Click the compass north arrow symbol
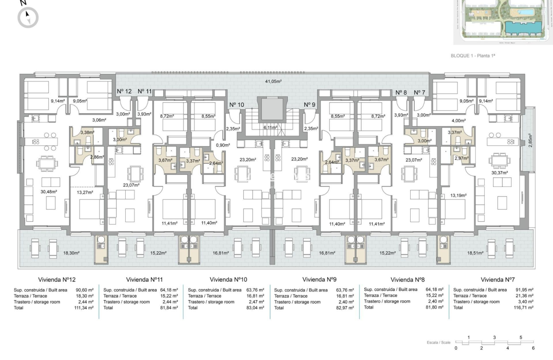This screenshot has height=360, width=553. [x=28, y=18]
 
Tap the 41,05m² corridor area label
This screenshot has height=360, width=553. [x=273, y=81]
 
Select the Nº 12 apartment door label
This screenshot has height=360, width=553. [x=124, y=91]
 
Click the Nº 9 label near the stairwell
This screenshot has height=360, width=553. [x=310, y=105]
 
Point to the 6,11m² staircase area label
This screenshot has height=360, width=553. [x=271, y=127]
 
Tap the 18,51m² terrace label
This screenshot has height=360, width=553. [x=475, y=253]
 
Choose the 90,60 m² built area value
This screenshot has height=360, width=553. [x=84, y=290]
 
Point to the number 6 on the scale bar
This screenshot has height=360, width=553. [x=533, y=348]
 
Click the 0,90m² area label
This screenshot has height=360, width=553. [x=222, y=145]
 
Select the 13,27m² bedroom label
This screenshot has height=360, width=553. [x=85, y=193]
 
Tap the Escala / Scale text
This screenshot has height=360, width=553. [x=439, y=342]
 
